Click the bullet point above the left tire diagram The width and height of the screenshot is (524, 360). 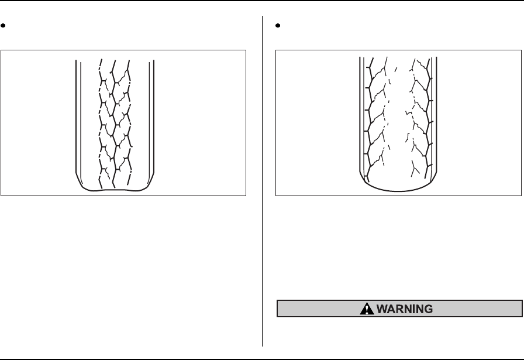(4, 26)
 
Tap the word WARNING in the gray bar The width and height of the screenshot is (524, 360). (408, 308)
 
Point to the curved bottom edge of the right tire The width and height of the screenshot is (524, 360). (398, 188)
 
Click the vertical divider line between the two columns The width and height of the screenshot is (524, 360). (263, 176)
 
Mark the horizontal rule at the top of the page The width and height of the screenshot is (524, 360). (262, 1)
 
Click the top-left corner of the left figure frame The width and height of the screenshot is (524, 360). (1, 50)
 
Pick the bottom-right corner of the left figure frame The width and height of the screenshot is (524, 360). (246, 196)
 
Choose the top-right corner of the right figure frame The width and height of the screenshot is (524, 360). (520, 50)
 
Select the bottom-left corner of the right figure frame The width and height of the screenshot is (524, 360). (276, 196)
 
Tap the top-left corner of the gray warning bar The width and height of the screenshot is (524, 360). (277, 301)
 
